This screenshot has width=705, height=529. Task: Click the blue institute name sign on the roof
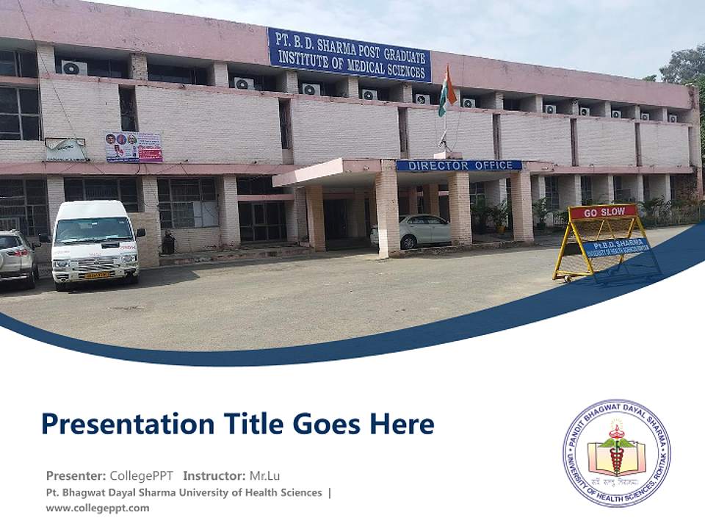pos(349,55)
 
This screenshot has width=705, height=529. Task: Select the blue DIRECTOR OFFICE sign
pos(459,165)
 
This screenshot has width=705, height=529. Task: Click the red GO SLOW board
pos(603,212)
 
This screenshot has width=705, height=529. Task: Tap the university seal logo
pos(616,453)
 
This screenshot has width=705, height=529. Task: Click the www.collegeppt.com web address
pos(98,508)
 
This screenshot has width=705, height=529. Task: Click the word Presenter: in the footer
pos(76,475)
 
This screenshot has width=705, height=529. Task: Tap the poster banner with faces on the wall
pos(133,147)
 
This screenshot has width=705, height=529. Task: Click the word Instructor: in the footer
pos(214,475)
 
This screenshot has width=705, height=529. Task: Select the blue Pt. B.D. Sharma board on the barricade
pos(616,247)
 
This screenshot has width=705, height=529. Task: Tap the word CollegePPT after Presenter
pos(142,475)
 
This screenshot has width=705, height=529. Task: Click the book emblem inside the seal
pos(616,456)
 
